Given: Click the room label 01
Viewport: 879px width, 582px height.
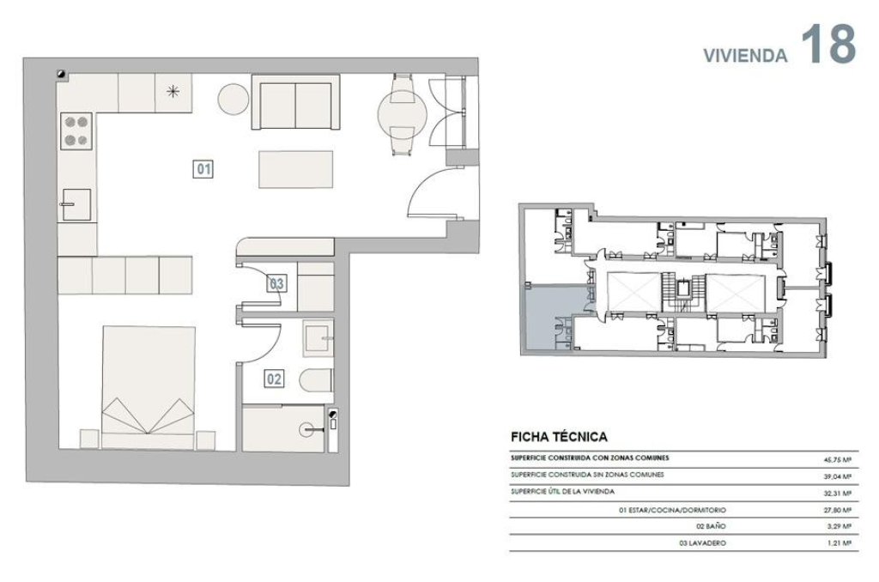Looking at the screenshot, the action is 203,169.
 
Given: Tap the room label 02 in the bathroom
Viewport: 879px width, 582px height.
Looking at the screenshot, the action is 274,379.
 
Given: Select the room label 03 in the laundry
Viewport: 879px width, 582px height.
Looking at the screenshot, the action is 276,284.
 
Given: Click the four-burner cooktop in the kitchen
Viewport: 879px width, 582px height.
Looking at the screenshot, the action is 76,130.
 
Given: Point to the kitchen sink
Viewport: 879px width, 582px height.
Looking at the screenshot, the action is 76,204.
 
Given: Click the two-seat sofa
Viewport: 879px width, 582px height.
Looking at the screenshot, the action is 295,103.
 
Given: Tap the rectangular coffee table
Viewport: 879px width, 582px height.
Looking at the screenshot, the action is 295,169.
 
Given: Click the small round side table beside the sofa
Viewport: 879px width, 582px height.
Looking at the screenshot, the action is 233,100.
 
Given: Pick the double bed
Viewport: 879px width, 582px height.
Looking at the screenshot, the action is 149,387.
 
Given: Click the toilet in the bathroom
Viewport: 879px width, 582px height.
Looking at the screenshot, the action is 316,381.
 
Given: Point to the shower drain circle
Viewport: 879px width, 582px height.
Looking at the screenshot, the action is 306,430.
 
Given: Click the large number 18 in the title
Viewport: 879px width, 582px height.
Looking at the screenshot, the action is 828,45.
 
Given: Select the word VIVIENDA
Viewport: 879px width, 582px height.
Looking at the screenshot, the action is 745,55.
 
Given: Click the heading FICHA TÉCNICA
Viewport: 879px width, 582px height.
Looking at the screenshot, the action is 559,437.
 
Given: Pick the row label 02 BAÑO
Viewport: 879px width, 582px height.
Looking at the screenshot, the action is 711,526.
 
